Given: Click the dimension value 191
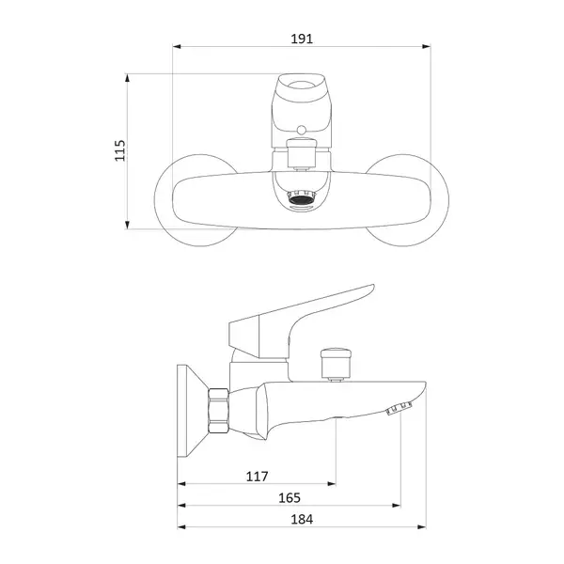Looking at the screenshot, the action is click(x=302, y=39).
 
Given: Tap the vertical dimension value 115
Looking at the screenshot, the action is click(x=119, y=150).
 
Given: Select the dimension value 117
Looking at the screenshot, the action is click(x=257, y=477).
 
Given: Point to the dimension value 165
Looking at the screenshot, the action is click(x=290, y=498).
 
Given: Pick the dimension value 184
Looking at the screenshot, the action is click(x=302, y=520).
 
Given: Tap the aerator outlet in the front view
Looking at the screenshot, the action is click(x=302, y=198).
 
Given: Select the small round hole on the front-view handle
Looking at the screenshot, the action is click(x=302, y=130).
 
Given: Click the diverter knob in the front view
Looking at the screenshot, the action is click(x=302, y=154).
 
